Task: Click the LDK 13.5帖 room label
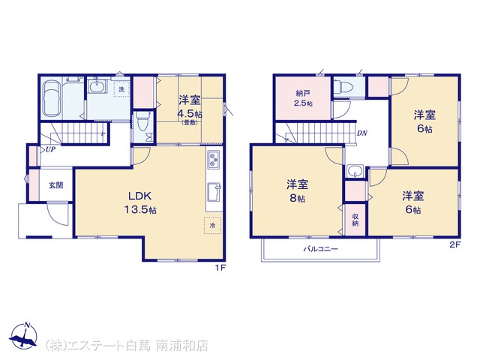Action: [140, 202]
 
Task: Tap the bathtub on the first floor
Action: [52, 98]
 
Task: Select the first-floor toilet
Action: [143, 121]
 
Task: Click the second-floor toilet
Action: [343, 86]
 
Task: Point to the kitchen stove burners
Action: [213, 160]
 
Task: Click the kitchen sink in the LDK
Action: [214, 192]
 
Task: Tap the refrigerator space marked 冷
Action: [212, 226]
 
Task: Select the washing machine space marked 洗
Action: [121, 89]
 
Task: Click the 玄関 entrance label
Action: [56, 185]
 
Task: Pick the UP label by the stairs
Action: [50, 150]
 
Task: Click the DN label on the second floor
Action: [361, 133]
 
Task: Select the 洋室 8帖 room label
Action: [297, 191]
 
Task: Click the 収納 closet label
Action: [355, 220]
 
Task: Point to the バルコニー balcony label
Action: [320, 249]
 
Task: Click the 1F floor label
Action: [220, 268]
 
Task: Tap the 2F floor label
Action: [455, 244]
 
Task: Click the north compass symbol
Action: [23, 335]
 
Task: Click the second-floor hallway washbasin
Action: [355, 171]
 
